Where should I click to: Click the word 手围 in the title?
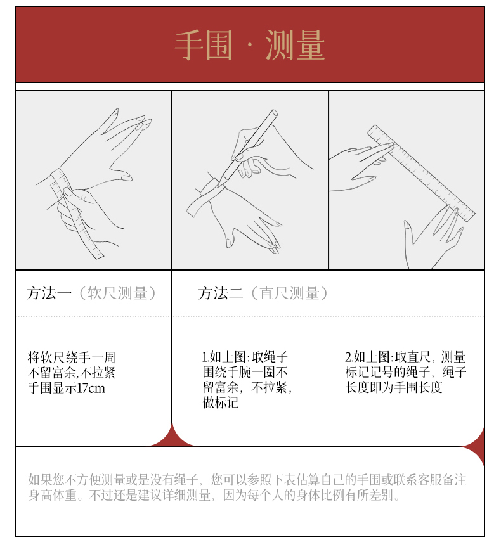[204, 45]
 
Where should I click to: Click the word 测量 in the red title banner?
[296, 45]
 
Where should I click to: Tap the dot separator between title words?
[249, 46]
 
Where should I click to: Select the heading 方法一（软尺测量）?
[91, 293]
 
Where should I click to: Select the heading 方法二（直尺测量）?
[263, 293]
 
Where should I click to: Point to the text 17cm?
[91, 389]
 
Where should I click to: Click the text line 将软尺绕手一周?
[71, 357]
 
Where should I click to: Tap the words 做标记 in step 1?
[221, 402]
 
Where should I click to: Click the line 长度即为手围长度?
[394, 387]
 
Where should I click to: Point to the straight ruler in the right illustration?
[421, 173]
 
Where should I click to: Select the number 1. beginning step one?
[205, 357]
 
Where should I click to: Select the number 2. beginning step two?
[349, 357]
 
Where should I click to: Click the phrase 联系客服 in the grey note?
[412, 480]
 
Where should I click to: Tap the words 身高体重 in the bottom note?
[52, 495]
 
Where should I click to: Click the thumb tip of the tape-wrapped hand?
[126, 177]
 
